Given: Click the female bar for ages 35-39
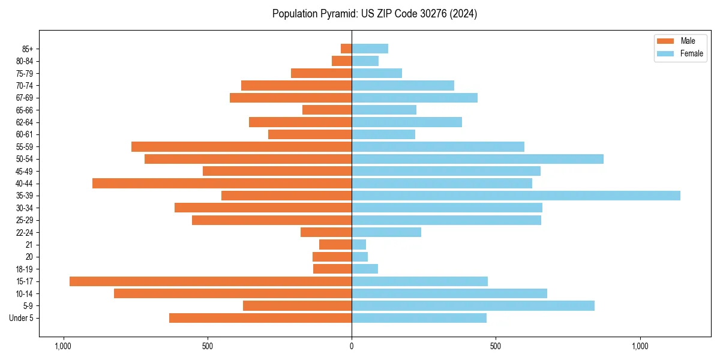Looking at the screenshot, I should [516, 196].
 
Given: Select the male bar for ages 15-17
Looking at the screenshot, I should [211, 281].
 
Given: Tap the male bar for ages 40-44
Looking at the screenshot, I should [222, 184].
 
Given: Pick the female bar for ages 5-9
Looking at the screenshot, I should [473, 306].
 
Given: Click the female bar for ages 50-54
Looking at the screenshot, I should [478, 159].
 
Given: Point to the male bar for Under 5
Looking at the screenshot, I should [260, 318].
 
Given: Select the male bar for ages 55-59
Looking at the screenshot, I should [241, 147].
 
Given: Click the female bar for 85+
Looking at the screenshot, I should [370, 49].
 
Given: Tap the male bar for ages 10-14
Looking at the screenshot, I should [233, 294].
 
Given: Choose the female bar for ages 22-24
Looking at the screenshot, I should [386, 233].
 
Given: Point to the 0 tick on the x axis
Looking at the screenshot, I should [352, 346].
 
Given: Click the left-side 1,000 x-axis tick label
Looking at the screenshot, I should [63, 346].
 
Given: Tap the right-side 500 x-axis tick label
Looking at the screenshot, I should [495, 346].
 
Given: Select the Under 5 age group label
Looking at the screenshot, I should [22, 318].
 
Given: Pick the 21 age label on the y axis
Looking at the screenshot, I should [29, 245].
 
